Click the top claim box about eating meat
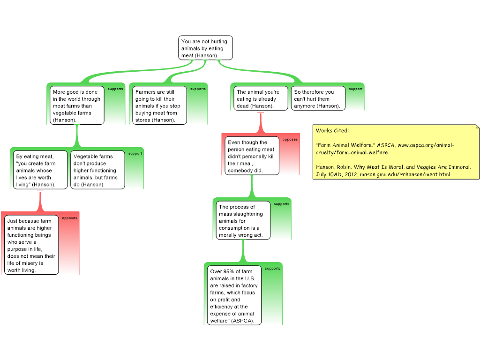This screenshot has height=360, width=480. tap(205, 48)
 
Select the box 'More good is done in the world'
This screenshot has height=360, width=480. tap(76, 106)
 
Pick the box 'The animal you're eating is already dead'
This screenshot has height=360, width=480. tap(261, 99)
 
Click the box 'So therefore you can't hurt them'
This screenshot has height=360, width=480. tap(318, 99)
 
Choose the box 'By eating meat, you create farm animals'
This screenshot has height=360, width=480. tap(40, 171)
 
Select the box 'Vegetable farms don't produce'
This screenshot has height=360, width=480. tap(97, 171)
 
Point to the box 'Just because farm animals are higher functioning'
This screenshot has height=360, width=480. tap(31, 245)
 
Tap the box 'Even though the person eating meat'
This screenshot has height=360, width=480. tap(252, 156)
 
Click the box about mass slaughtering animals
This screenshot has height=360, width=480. tap(243, 221)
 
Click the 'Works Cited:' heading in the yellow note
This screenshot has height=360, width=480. tap(332, 131)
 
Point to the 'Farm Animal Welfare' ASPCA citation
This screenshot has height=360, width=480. tap(384, 149)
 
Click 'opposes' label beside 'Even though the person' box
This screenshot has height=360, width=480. tap(290, 139)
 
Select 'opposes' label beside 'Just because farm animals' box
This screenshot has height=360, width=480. tap(69, 218)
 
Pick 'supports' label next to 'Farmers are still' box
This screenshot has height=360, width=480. tap(198, 89)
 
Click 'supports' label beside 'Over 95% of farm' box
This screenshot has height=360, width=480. tap(272, 269)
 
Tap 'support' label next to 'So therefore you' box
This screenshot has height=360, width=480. tap(355, 89)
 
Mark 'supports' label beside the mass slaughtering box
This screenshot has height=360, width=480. tap(281, 204)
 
